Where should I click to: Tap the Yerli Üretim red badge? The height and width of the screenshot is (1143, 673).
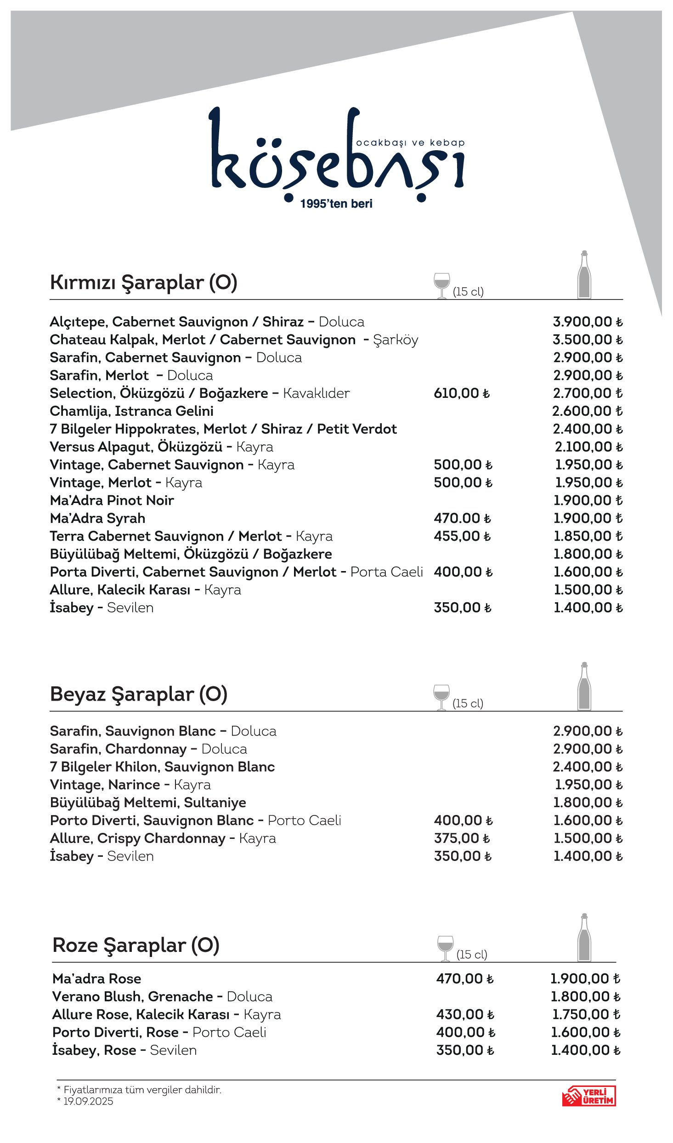588,1096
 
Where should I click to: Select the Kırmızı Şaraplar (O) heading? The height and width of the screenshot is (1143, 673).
143,283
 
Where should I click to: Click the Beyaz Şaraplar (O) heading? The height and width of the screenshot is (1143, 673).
138,694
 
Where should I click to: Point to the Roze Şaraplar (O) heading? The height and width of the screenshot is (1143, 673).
136,945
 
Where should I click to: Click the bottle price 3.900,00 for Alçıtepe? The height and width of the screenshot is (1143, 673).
587,322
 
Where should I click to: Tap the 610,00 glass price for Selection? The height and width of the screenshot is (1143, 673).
461,393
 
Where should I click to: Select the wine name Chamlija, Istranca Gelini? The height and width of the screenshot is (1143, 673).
131,411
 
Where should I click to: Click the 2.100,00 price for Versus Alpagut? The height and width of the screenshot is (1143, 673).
588,447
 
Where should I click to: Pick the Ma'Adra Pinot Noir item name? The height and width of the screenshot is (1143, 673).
112,500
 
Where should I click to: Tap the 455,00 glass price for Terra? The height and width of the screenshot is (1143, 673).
462,536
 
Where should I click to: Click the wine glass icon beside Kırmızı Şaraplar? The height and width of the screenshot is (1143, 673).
441,285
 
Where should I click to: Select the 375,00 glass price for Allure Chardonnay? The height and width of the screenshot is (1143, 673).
461,838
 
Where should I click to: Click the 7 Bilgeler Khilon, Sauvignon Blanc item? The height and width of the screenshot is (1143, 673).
162,767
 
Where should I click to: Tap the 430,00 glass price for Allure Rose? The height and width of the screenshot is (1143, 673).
464,1014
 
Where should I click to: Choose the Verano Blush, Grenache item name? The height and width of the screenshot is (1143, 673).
132,996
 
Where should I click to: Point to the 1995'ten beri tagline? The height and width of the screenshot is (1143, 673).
336,204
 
